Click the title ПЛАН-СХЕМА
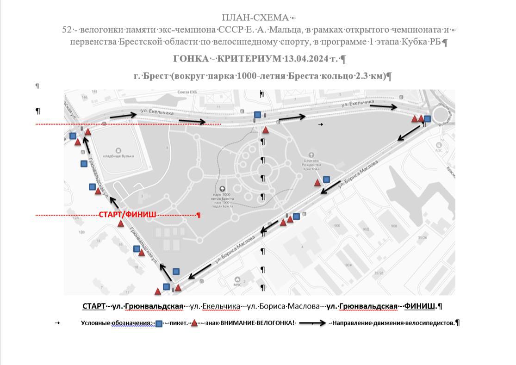[x=255, y=18]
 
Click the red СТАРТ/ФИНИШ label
[x=127, y=215]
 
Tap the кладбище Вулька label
[x=118, y=156]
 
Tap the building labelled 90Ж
[x=348, y=265]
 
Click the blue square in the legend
[x=159, y=323]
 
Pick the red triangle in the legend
[x=194, y=323]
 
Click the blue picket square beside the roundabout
[x=427, y=119]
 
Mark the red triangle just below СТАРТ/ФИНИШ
[x=121, y=223]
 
